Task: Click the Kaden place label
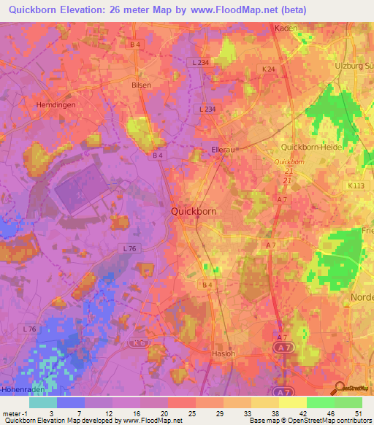click(x=284, y=28)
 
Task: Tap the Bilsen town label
click(x=141, y=85)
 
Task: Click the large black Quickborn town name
click(x=194, y=211)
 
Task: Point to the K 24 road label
click(x=269, y=69)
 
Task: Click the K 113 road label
click(x=356, y=186)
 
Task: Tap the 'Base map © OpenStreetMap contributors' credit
click(x=310, y=421)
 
